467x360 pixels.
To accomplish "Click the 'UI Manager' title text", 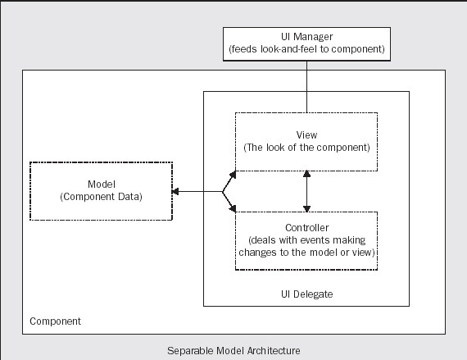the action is click(306, 37).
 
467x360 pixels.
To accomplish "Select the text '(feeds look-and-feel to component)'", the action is click(306, 49).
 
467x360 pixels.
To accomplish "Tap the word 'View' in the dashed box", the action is click(306, 135).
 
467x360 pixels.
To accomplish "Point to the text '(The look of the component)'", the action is click(306, 148).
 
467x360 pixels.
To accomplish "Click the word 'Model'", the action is click(102, 185).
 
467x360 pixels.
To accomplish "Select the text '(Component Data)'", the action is click(102, 197).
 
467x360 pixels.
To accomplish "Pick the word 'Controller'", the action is click(306, 228).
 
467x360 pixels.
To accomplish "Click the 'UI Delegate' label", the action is click(306, 294).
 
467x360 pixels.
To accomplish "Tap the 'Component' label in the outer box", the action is click(55, 321).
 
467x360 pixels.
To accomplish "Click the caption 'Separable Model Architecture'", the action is click(233, 351).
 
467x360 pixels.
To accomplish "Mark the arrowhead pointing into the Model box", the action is click(175, 192).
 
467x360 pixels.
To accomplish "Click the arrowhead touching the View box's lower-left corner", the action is click(233, 175).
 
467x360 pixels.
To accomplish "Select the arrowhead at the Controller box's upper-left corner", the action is click(233, 208).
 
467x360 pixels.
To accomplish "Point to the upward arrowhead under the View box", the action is click(306, 174).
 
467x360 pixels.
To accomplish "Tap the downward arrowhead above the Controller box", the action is click(306, 209).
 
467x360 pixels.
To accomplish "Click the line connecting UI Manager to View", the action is click(306, 87).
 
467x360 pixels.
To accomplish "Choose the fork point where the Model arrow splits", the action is click(223, 192).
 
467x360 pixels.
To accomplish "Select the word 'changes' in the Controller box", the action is click(258, 253).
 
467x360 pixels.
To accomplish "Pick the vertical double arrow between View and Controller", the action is click(306, 191).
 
